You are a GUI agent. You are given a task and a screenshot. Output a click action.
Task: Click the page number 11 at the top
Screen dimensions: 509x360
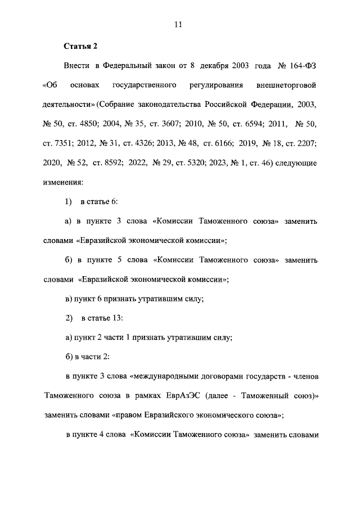178,25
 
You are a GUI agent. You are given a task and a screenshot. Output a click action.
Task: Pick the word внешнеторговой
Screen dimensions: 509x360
287,85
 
